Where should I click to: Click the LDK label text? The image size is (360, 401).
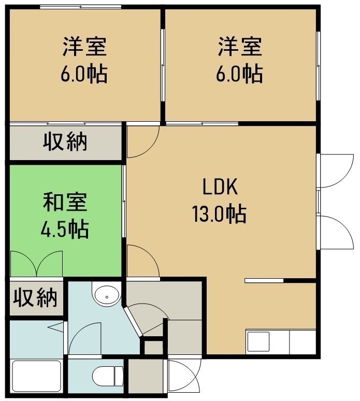point(220,187)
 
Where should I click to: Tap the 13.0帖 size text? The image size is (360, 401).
point(219,214)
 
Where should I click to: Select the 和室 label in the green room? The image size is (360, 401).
point(65,202)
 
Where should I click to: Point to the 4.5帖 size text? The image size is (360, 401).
point(65,228)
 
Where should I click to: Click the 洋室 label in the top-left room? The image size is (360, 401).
point(84,47)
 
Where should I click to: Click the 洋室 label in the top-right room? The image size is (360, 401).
point(240,47)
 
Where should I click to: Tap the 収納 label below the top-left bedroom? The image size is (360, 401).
point(65,141)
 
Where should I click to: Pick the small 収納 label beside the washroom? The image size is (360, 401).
point(35,297)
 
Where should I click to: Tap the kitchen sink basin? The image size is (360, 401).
point(258,341)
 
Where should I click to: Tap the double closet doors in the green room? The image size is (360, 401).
point(37,264)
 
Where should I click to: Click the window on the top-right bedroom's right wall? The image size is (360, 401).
point(318,66)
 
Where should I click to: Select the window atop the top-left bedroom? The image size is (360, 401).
point(80,7)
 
